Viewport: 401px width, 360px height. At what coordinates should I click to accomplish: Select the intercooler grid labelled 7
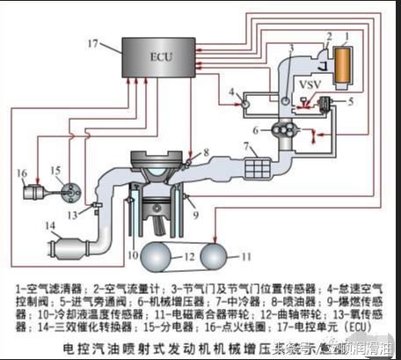point(259,165)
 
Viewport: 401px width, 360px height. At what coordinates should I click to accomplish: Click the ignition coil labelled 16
point(35,190)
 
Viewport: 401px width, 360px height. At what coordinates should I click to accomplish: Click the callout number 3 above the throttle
point(290,46)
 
